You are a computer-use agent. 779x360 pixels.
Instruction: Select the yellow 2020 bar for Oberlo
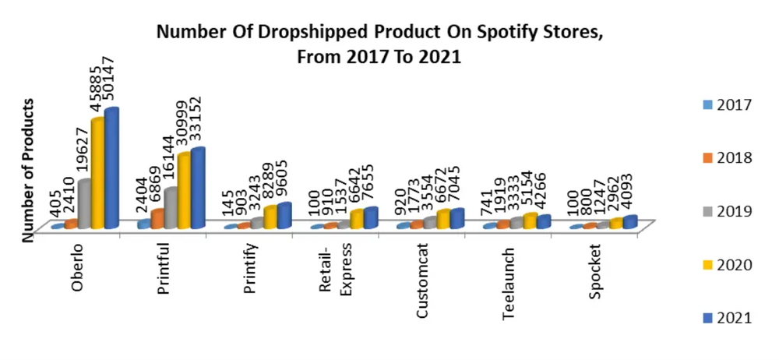[98, 174]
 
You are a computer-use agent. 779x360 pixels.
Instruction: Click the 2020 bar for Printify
[270, 217]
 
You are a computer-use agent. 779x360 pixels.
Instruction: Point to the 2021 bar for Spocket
[629, 222]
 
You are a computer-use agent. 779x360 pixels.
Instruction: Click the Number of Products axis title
[29, 169]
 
